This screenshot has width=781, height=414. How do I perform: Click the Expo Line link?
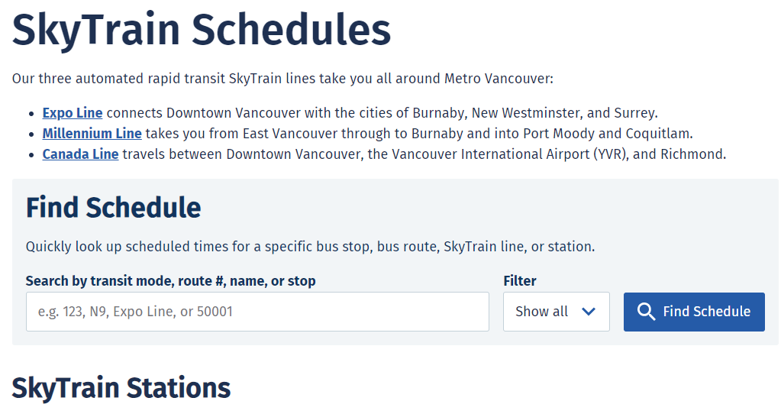[73, 113]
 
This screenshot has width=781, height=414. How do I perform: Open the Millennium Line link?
[92, 134]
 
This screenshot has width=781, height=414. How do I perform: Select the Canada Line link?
[80, 154]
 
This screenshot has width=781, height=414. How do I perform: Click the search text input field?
[257, 312]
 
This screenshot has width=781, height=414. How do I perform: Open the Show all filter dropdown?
[557, 312]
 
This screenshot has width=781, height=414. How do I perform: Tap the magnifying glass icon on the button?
[646, 312]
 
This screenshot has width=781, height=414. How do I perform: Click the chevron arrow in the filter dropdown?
[589, 312]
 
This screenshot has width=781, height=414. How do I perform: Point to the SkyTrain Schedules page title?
[202, 30]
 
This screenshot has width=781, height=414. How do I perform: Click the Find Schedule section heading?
[114, 208]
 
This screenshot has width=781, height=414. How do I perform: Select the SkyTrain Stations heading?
[121, 388]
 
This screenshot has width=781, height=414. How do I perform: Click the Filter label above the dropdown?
[519, 281]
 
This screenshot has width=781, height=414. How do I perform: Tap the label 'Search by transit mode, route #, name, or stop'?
[170, 281]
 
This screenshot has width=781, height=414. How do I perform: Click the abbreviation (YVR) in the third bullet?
[612, 154]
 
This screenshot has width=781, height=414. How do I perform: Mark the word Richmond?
[692, 154]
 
